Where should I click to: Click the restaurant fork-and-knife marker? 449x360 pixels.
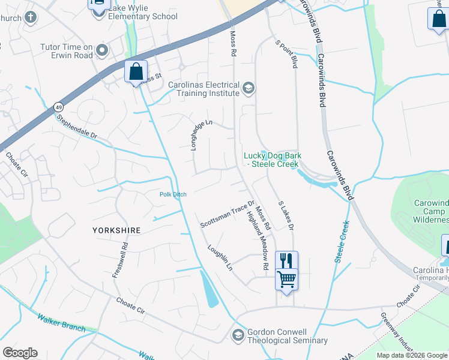(286, 260)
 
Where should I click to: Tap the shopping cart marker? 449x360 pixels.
(286, 278)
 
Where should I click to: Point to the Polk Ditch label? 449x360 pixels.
(174, 194)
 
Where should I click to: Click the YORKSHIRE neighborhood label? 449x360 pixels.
(116, 230)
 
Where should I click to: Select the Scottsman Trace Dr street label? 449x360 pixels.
(228, 214)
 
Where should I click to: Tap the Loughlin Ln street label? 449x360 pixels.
(220, 257)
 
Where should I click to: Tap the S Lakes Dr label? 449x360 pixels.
(286, 215)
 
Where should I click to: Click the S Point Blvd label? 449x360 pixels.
(286, 53)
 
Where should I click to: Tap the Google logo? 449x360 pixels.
(20, 353)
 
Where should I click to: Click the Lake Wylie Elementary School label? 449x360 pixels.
(143, 12)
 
